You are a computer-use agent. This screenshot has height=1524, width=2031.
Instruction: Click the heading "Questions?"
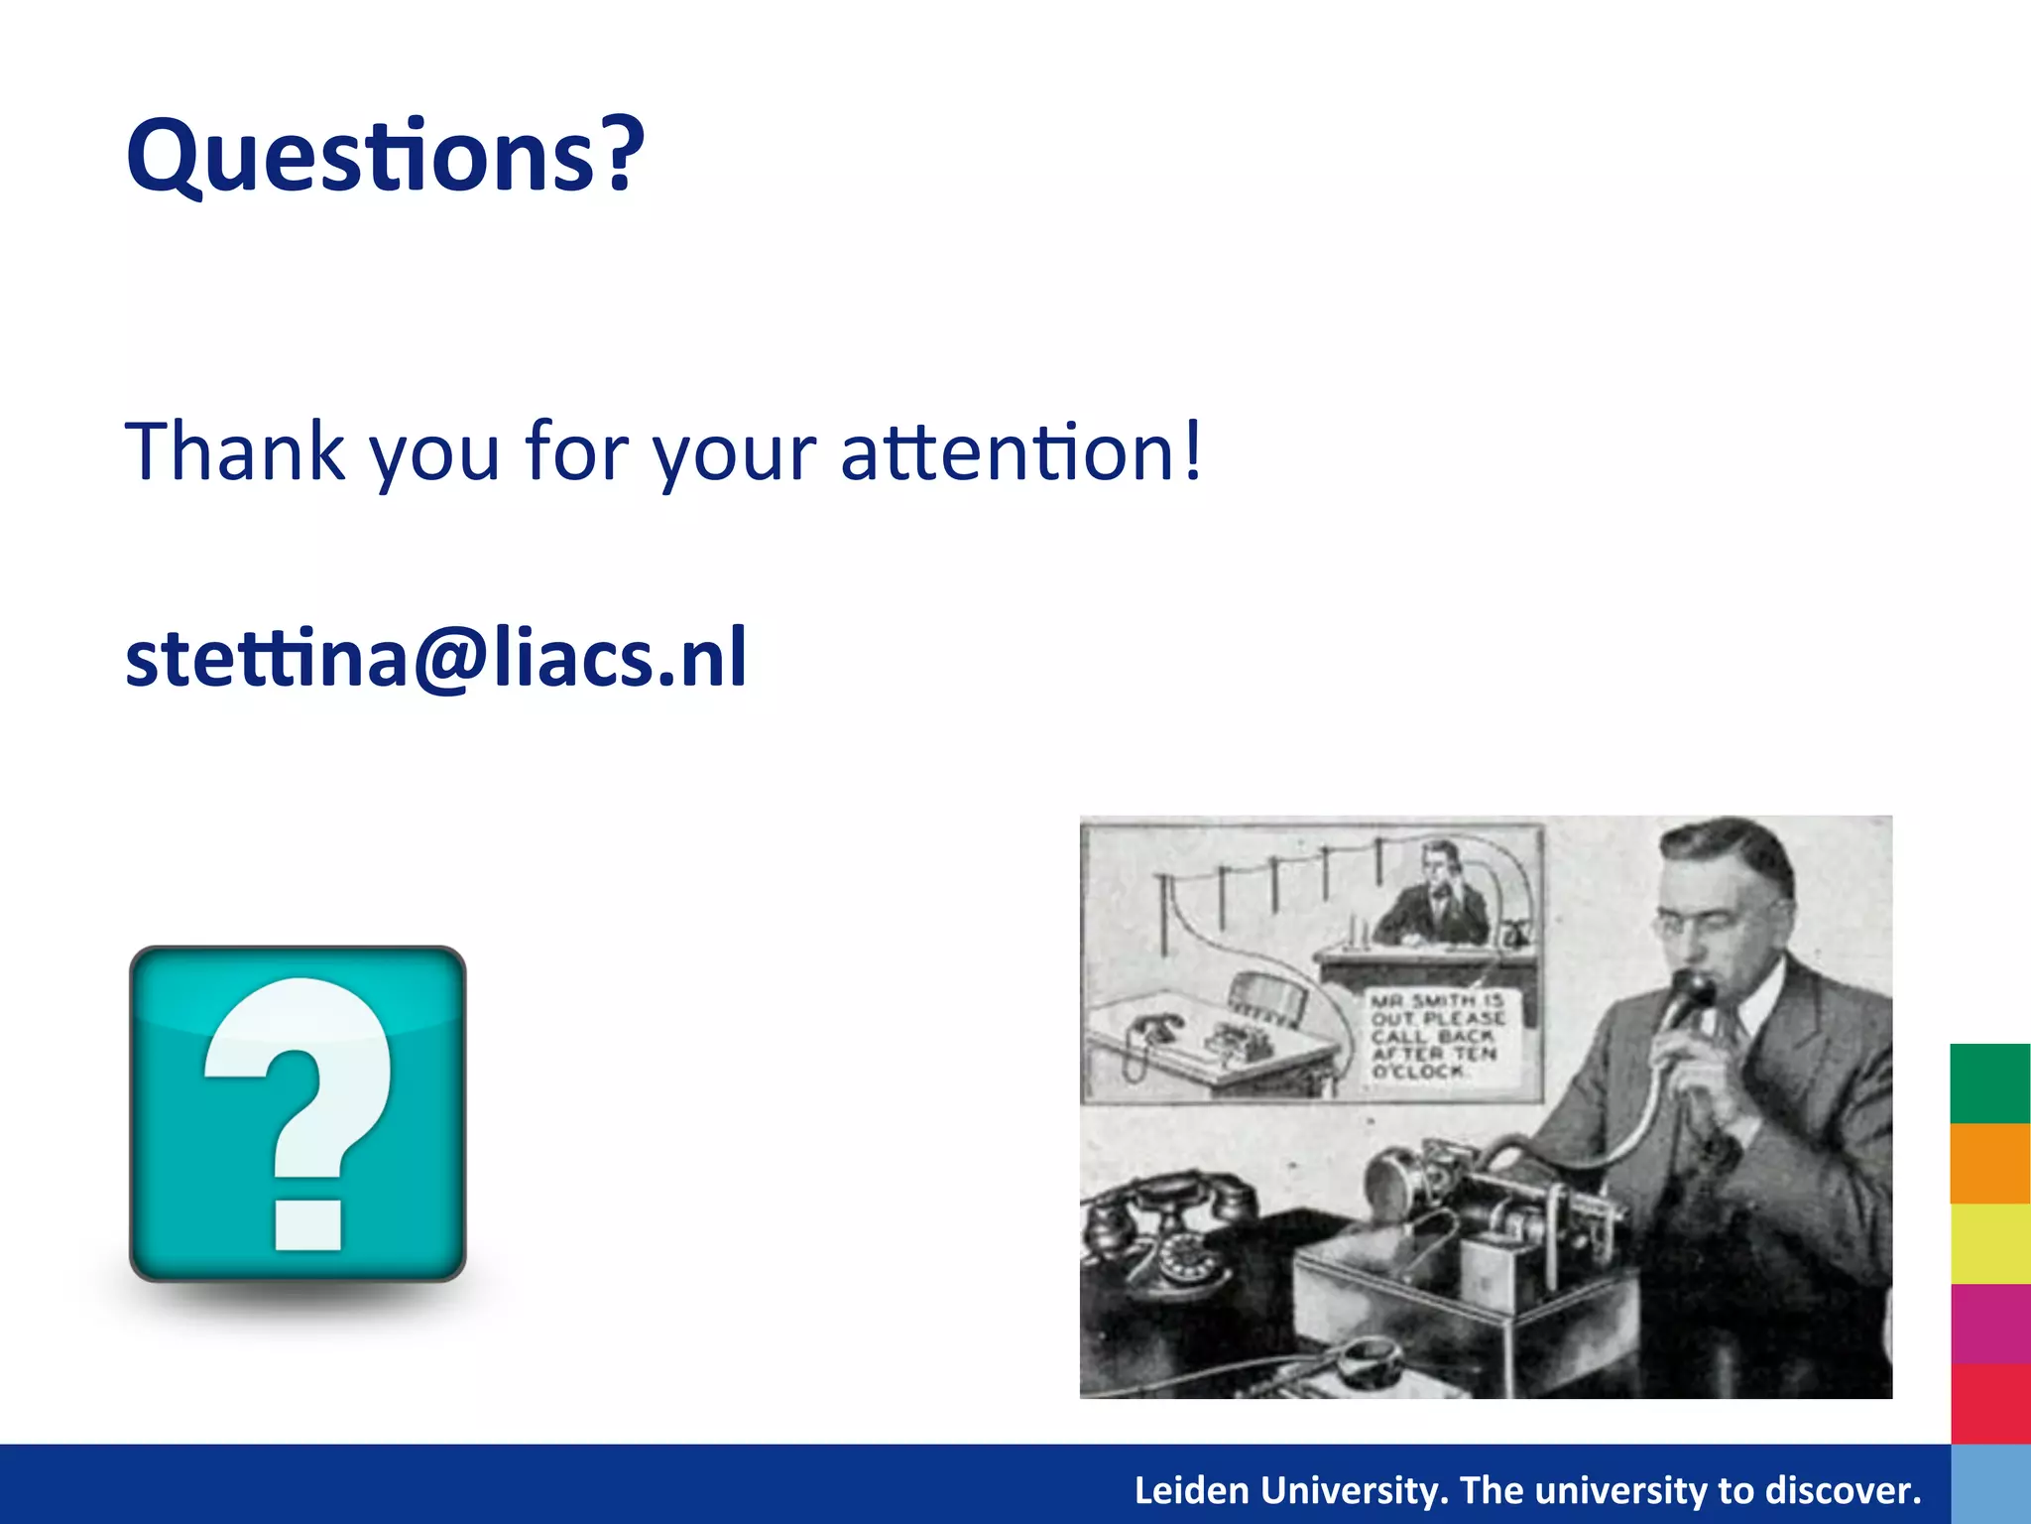click(x=385, y=157)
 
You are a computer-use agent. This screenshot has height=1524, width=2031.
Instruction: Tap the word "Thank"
click(x=234, y=452)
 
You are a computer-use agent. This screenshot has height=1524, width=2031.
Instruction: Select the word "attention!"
click(x=1021, y=452)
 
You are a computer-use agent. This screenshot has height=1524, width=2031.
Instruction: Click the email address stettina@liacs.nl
click(x=436, y=659)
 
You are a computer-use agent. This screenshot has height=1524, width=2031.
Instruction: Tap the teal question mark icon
click(x=298, y=1113)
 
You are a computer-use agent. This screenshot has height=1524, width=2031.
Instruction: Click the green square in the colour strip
click(x=1989, y=1083)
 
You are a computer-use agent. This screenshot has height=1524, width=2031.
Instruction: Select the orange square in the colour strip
click(x=1989, y=1164)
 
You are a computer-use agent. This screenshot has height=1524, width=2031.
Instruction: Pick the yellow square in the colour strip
click(x=1989, y=1244)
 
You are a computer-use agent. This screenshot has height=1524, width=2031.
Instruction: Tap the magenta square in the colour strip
click(x=1989, y=1324)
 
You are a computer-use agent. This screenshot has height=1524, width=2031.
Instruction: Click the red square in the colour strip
click(x=1989, y=1403)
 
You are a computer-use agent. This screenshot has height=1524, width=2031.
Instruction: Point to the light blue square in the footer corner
click(x=1989, y=1484)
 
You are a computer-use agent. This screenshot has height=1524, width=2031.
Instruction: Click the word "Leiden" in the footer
click(x=1191, y=1490)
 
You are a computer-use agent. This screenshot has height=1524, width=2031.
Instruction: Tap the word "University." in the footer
click(x=1355, y=1490)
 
